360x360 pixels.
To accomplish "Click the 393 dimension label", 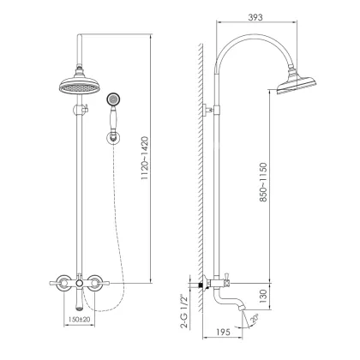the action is pyautogui.click(x=255, y=17).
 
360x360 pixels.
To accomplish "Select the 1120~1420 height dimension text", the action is pyautogui.click(x=146, y=158).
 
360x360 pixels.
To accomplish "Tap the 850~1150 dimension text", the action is pyautogui.click(x=263, y=182).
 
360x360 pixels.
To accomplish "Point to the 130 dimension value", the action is pyautogui.click(x=263, y=297).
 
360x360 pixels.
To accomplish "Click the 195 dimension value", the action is pyautogui.click(x=223, y=332).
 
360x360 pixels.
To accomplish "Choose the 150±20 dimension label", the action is pyautogui.click(x=79, y=319).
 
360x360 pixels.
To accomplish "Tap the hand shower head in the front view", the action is pyautogui.click(x=113, y=100).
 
